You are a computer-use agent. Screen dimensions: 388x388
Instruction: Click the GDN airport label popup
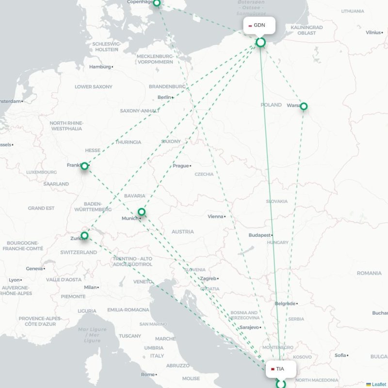tap(260, 25)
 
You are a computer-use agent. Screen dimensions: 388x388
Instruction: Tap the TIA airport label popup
tap(280, 369)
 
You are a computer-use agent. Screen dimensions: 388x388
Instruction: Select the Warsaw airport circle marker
tap(304, 106)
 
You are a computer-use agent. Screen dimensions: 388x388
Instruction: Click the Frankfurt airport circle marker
tap(84, 166)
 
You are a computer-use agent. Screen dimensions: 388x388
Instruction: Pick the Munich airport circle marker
tap(142, 212)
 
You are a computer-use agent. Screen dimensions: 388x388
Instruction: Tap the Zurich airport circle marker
tap(84, 236)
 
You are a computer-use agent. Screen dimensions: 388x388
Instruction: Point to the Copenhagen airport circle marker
tap(157, 3)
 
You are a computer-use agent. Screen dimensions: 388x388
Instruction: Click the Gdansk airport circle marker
tap(261, 43)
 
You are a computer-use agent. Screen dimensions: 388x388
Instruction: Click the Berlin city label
tap(164, 97)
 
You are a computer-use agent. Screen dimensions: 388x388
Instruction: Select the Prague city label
tap(181, 166)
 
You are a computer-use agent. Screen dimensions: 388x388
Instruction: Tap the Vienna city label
tap(216, 216)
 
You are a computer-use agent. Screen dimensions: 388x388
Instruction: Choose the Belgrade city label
tap(285, 304)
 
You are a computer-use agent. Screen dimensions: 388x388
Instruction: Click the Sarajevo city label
tap(249, 327)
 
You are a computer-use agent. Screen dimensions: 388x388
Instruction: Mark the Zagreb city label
tap(208, 278)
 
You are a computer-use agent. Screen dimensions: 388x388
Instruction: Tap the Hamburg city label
tap(100, 67)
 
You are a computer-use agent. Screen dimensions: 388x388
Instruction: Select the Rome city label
tap(147, 374)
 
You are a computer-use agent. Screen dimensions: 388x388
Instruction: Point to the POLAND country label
tap(271, 105)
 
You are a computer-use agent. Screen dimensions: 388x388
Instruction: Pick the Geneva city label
tap(34, 268)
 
